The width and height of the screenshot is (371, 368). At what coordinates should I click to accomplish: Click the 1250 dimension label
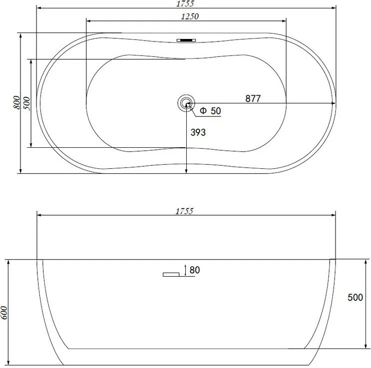190,16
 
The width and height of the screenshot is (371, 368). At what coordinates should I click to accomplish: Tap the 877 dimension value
253,98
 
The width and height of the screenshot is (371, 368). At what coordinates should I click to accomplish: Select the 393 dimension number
198,132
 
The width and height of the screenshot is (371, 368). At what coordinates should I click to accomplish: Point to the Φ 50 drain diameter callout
210,111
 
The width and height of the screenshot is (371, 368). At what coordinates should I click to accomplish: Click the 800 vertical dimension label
17,102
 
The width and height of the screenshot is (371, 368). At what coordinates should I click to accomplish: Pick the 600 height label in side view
4,313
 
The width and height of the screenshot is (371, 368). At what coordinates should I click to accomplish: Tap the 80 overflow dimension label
195,270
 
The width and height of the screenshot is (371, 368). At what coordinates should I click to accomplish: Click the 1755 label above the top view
186,3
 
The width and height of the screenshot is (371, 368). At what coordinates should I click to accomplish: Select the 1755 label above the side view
185,211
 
